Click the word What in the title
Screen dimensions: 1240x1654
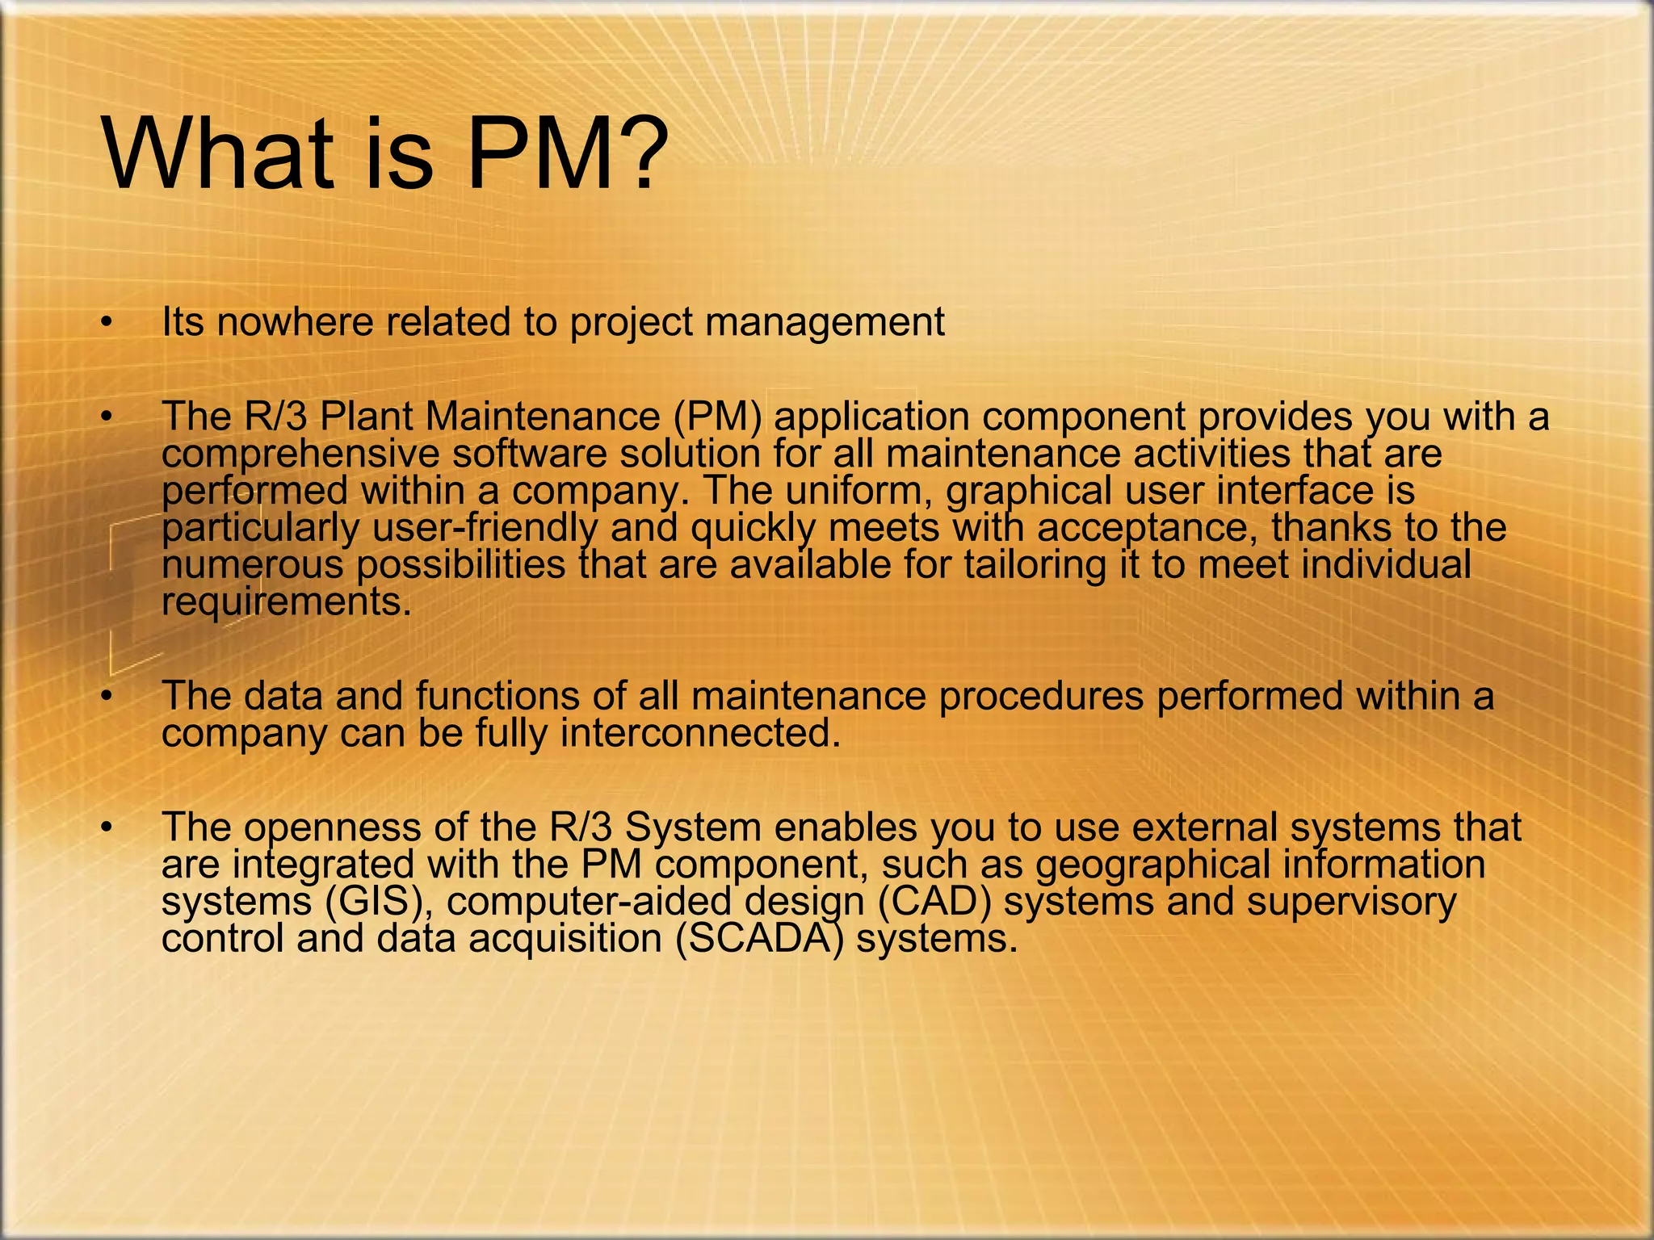pos(216,153)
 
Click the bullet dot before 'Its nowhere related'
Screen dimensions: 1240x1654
pos(105,324)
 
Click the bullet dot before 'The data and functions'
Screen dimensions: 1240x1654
pos(105,697)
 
